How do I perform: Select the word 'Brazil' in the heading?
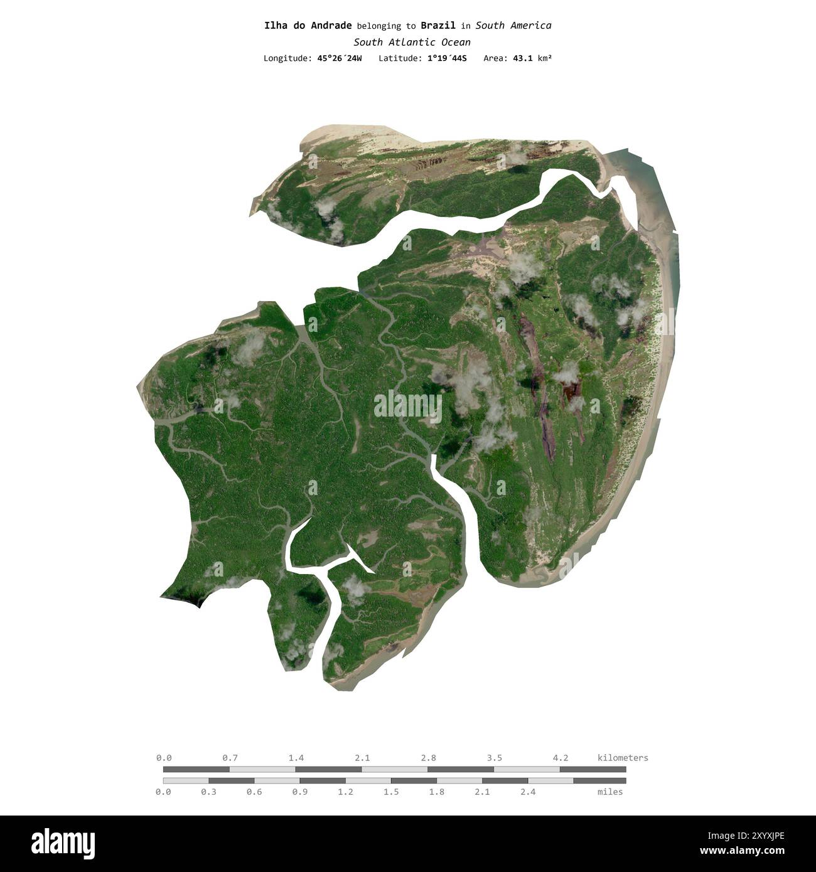pyautogui.click(x=438, y=26)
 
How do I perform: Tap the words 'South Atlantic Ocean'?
pyautogui.click(x=412, y=42)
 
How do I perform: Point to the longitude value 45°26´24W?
pyautogui.click(x=340, y=58)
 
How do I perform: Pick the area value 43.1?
pyautogui.click(x=522, y=58)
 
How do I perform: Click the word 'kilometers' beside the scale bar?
pyautogui.click(x=623, y=758)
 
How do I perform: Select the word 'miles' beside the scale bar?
pyautogui.click(x=610, y=792)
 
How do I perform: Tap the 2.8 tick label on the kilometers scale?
pyautogui.click(x=429, y=758)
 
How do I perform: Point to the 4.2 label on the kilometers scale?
pyautogui.click(x=561, y=758)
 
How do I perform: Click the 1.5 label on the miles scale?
pyautogui.click(x=391, y=792)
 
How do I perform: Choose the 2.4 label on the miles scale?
pyautogui.click(x=528, y=792)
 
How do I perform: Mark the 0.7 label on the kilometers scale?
pyautogui.click(x=230, y=758)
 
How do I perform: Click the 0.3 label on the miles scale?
pyautogui.click(x=209, y=792)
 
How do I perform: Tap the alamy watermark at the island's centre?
pyautogui.click(x=408, y=406)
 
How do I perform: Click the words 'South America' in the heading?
pyautogui.click(x=513, y=26)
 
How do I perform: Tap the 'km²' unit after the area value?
pyautogui.click(x=544, y=58)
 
